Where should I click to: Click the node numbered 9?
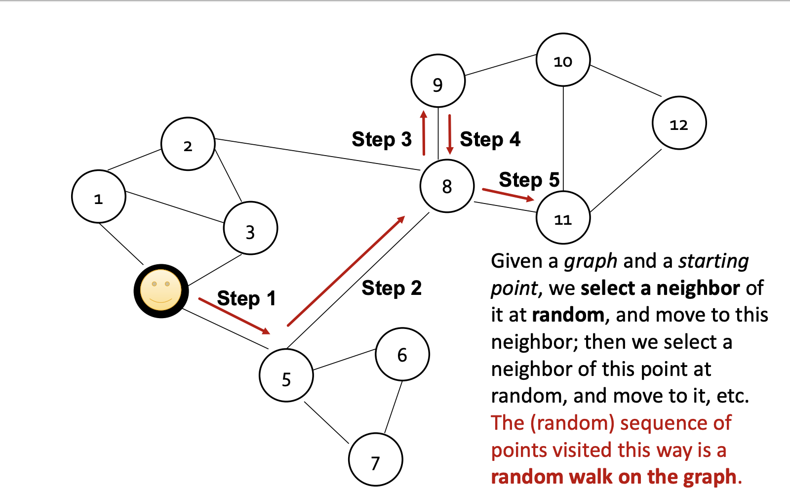click(438, 81)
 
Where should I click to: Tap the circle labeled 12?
click(679, 123)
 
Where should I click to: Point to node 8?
click(447, 186)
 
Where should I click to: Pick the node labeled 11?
click(563, 218)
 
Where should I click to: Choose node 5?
click(286, 375)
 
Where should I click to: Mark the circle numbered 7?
click(375, 460)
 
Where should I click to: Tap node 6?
click(402, 354)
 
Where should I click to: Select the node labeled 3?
click(250, 228)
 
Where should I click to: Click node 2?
click(188, 144)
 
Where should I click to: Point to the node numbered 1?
click(99, 197)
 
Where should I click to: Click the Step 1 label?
click(246, 298)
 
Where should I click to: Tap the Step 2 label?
click(392, 288)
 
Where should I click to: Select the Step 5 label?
click(529, 180)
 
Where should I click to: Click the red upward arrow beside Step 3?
click(424, 133)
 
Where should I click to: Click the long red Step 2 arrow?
click(346, 271)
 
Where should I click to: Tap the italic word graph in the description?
click(591, 261)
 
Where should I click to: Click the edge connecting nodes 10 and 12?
click(625, 81)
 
